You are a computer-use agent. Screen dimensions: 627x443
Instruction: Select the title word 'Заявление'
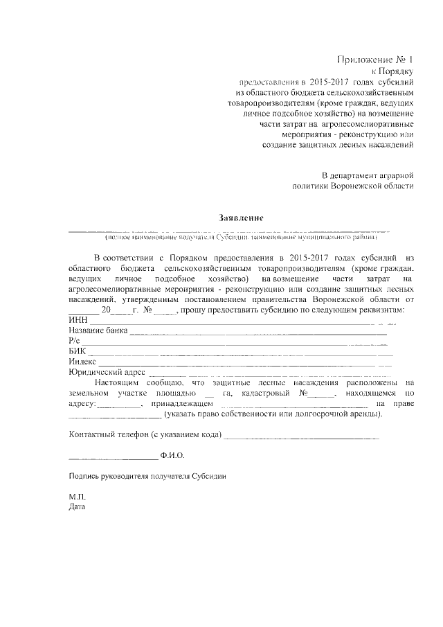click(x=241, y=218)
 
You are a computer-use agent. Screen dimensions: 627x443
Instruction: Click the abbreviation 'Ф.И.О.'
click(x=172, y=457)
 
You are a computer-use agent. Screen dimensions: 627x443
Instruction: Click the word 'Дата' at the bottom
click(x=77, y=507)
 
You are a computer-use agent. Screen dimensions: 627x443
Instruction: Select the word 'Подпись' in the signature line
click(x=84, y=477)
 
